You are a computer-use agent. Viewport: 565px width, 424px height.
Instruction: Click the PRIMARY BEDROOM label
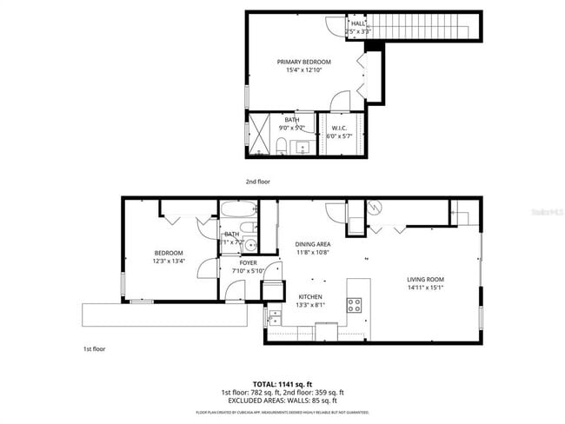[x=303, y=62]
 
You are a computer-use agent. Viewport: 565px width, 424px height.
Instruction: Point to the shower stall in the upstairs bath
[x=260, y=133]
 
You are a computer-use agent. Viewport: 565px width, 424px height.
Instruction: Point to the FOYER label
[x=248, y=262]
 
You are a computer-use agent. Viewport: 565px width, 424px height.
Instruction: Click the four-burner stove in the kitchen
[x=355, y=304]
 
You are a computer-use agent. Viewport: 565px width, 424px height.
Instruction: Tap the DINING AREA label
[x=312, y=244]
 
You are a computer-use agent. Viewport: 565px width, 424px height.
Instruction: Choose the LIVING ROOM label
[x=425, y=280]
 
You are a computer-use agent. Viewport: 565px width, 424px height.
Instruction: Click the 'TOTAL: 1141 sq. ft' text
[x=282, y=383]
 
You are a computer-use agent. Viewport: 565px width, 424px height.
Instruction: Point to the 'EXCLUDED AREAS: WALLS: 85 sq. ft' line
[x=282, y=401]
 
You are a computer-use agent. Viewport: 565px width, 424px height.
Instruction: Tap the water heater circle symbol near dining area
[x=376, y=209]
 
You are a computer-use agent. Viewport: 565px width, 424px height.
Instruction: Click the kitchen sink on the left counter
[x=275, y=316]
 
